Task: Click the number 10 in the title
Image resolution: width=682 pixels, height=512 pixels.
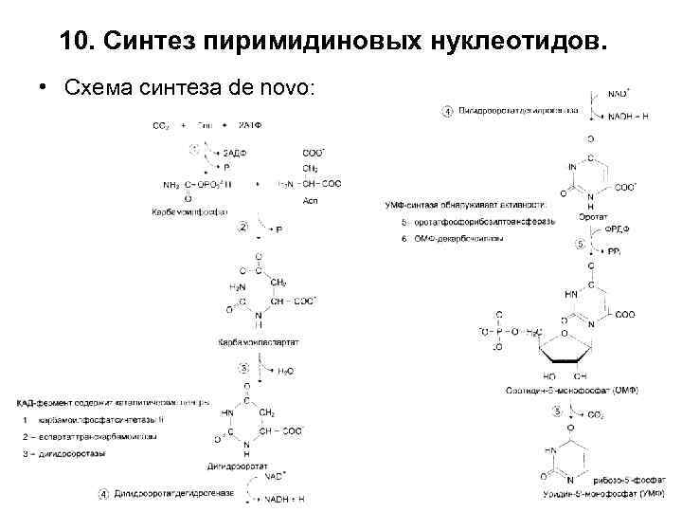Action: tap(75, 41)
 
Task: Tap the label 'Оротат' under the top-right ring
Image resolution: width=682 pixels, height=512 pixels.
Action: tap(593, 216)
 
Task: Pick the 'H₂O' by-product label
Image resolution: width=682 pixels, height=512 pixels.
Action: tap(285, 372)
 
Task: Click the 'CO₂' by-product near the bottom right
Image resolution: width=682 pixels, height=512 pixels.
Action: tap(596, 414)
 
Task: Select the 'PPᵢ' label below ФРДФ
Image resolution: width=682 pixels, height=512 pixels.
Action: tap(613, 251)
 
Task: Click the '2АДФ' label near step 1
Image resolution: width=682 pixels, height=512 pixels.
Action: tap(236, 153)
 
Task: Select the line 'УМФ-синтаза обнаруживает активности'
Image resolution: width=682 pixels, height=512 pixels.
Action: tap(466, 203)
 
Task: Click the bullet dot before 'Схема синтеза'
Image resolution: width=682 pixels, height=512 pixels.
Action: tap(45, 88)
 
